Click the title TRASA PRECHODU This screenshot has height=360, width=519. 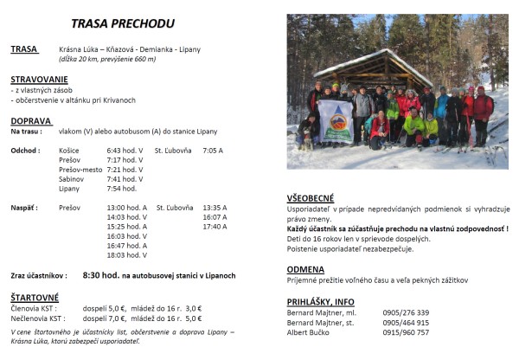(122, 23)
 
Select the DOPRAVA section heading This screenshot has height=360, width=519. (30, 121)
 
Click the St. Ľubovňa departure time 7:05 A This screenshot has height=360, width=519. (213, 150)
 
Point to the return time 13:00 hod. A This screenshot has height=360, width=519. (126, 208)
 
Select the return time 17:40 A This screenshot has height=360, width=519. (215, 227)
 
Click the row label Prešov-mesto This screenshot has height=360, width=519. (80, 169)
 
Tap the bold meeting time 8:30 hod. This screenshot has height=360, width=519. (100, 275)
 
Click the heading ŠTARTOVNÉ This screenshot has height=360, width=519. (35, 297)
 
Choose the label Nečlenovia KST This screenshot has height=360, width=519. (34, 318)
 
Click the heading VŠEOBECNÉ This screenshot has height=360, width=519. (311, 198)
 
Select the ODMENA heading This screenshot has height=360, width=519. (306, 269)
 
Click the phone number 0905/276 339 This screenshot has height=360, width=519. (406, 312)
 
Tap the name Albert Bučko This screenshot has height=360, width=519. (311, 331)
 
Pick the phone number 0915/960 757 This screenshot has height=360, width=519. (406, 331)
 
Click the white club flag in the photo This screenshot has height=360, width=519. (336, 120)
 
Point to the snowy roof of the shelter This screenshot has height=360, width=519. (364, 63)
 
